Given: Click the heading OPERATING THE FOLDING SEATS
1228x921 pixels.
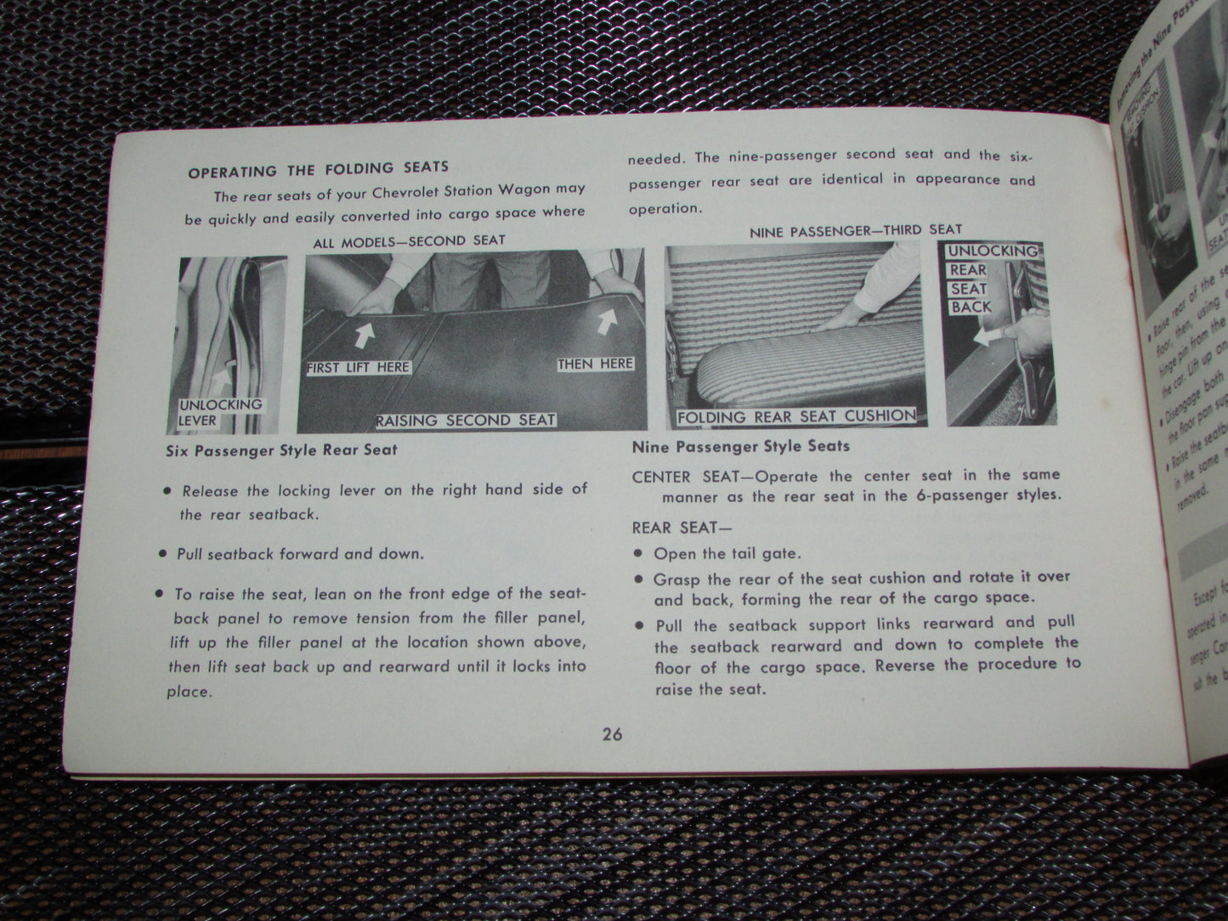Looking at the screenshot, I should pyautogui.click(x=318, y=169).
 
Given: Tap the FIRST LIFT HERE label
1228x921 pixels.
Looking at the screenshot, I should pyautogui.click(x=358, y=368).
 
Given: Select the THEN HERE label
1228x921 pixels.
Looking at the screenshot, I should pyautogui.click(x=595, y=364).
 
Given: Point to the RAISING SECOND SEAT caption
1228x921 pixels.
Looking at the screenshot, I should pyautogui.click(x=467, y=420).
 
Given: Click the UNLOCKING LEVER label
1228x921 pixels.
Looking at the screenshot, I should pyautogui.click(x=208, y=412).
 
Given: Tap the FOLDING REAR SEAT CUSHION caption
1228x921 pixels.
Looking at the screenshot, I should pyautogui.click(x=796, y=416).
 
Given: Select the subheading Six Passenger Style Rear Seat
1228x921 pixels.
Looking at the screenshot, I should pyautogui.click(x=281, y=449).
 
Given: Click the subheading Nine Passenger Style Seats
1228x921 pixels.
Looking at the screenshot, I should pyautogui.click(x=740, y=445).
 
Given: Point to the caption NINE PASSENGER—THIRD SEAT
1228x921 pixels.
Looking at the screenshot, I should pyautogui.click(x=856, y=229).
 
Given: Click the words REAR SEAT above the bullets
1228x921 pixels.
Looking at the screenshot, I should pyautogui.click(x=676, y=527).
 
